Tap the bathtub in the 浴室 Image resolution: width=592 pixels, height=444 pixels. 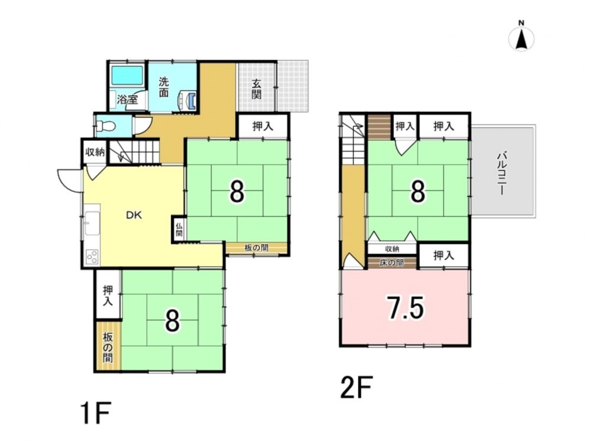click(127, 76)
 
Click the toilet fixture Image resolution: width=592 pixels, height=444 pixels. click(105, 125)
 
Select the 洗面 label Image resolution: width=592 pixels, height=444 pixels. click(163, 87)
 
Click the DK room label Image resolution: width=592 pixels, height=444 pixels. click(134, 215)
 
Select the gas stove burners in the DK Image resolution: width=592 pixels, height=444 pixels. click(92, 258)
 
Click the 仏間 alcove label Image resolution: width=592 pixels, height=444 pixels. click(179, 229)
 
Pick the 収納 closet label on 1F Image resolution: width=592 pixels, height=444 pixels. click(95, 153)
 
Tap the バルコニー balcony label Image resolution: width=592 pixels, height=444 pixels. click(502, 173)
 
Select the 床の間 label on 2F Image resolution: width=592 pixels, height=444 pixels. click(392, 263)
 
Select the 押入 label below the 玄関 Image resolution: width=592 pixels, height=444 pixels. click(263, 126)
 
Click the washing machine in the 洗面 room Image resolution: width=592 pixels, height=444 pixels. click(188, 101)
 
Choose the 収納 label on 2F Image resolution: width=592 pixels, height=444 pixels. click(392, 249)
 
